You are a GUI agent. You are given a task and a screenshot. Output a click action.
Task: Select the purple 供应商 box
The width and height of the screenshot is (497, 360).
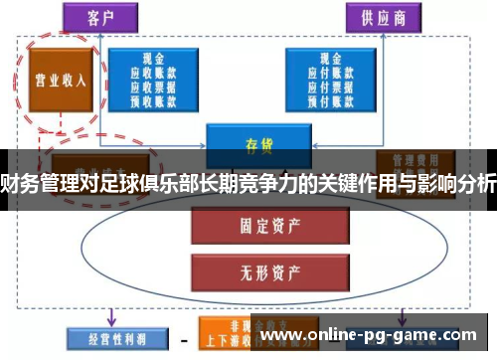(x=382, y=17)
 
